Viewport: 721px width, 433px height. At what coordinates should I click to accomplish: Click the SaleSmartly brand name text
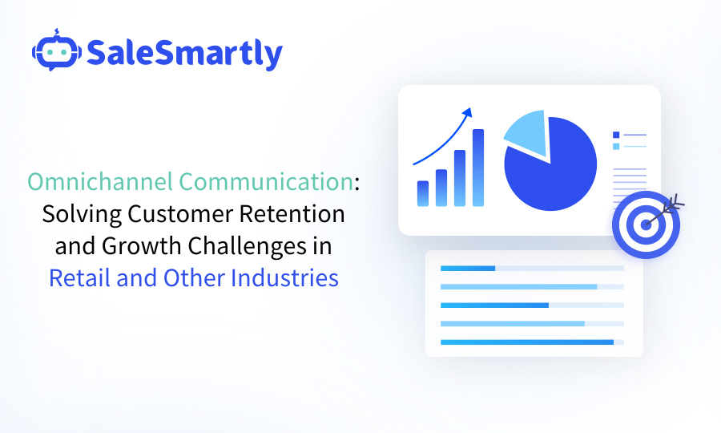[184, 54]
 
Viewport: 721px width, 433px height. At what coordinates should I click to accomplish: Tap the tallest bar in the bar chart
[478, 168]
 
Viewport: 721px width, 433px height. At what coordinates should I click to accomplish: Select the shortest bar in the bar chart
[423, 193]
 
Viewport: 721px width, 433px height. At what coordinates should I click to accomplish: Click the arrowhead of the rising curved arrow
[468, 112]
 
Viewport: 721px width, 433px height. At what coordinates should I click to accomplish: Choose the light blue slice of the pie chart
[526, 132]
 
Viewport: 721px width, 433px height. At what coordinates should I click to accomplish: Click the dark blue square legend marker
[616, 135]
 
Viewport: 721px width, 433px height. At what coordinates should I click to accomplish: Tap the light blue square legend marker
[616, 146]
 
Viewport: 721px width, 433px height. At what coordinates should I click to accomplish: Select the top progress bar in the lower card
[468, 268]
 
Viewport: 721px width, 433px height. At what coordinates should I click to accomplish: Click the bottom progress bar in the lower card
[526, 342]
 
